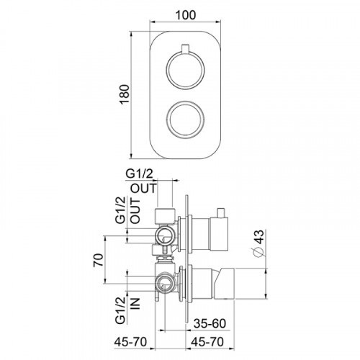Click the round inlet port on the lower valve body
click(166, 283)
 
